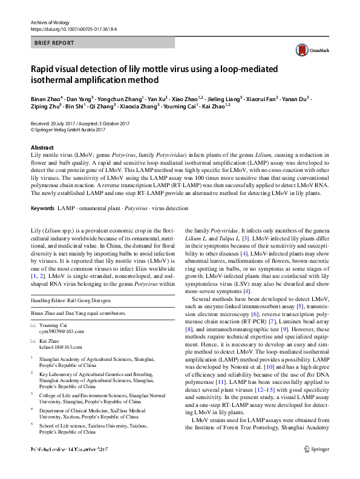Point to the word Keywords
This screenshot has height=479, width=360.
tap(42, 208)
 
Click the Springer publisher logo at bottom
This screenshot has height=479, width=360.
tap(317, 466)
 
